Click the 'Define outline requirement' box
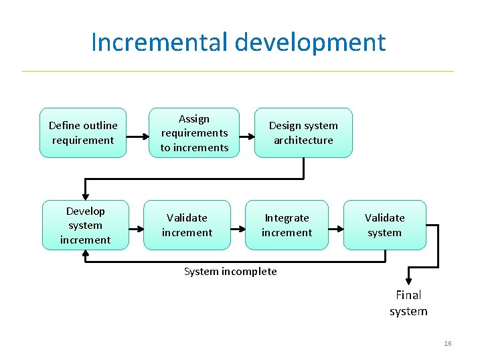pos(83,132)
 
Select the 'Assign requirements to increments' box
pos(194,132)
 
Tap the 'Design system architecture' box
pos(303,132)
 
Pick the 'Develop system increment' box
pos(85,225)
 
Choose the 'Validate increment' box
pos(187,225)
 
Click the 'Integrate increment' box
pos(287,225)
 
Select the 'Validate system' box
pos(384,225)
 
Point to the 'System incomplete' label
pos(230,271)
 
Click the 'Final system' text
pos(408,302)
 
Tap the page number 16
pos(448,343)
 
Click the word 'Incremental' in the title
pos(160,42)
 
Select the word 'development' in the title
pos(311,42)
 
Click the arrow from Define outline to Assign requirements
pos(138,137)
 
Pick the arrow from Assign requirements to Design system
pos(246,137)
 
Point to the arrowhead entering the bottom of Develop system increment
pos(85,254)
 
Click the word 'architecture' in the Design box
pos(303,140)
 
